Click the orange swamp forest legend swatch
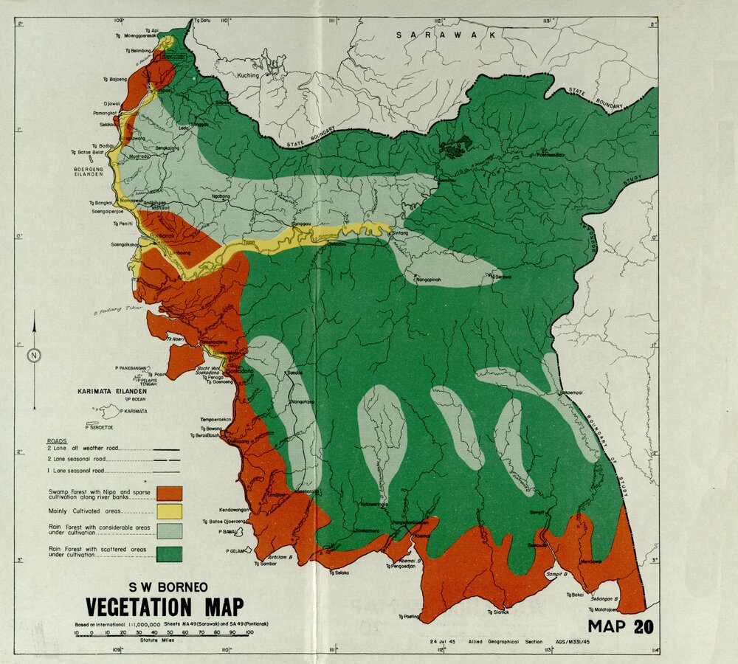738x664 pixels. (x=170, y=492)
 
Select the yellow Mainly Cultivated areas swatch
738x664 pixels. (x=170, y=511)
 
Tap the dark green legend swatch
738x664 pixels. (x=170, y=551)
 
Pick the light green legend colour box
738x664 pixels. (x=170, y=531)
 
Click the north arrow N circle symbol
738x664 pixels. (x=34, y=356)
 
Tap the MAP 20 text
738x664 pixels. (x=620, y=626)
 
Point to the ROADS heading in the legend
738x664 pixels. (x=57, y=440)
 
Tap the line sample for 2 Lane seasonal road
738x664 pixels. (x=168, y=460)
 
